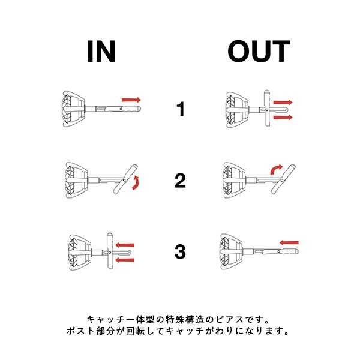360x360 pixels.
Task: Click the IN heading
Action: click(101, 51)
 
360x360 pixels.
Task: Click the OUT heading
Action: click(259, 51)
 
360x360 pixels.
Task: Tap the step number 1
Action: click(181, 109)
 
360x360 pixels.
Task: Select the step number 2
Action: click(180, 181)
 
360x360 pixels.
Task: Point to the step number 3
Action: click(180, 252)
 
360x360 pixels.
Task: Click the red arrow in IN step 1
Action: click(131, 100)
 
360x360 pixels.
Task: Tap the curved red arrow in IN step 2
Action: click(136, 183)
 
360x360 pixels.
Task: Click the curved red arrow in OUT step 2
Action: click(276, 169)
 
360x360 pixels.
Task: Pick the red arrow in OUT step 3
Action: click(289, 242)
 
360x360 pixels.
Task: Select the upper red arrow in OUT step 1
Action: click(283, 102)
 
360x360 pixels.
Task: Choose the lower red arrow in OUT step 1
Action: click(283, 118)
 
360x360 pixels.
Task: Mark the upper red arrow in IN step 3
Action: click(125, 245)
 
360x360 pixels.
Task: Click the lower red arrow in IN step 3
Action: click(125, 260)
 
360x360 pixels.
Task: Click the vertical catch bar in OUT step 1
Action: click(266, 108)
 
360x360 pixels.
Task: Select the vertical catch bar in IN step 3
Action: click(110, 251)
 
